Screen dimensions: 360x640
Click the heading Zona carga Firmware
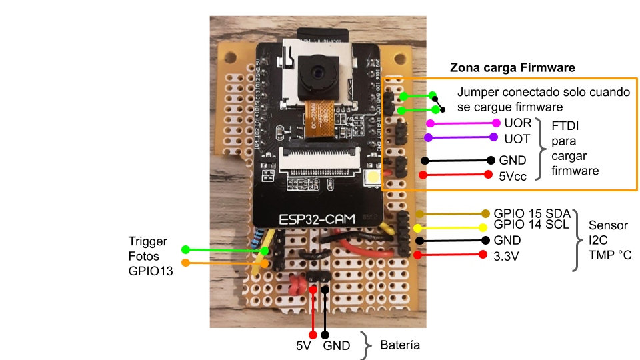click(x=512, y=68)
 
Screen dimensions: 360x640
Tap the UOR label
click(x=518, y=123)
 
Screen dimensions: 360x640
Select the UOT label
click(x=517, y=139)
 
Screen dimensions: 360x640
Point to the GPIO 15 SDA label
click(x=532, y=213)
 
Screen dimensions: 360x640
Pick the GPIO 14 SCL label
click(x=531, y=225)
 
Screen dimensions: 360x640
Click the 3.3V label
click(x=507, y=255)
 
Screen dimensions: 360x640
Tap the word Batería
click(x=400, y=345)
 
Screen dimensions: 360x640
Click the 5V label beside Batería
click(x=303, y=347)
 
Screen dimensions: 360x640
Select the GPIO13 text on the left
click(x=151, y=271)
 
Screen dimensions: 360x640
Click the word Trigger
click(x=147, y=241)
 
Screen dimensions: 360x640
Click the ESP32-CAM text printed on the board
click(x=317, y=217)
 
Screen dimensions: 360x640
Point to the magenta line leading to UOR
click(x=463, y=123)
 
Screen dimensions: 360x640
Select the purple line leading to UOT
click(x=460, y=138)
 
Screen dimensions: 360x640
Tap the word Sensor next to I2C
click(x=604, y=226)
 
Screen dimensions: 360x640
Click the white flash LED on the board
click(x=372, y=177)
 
